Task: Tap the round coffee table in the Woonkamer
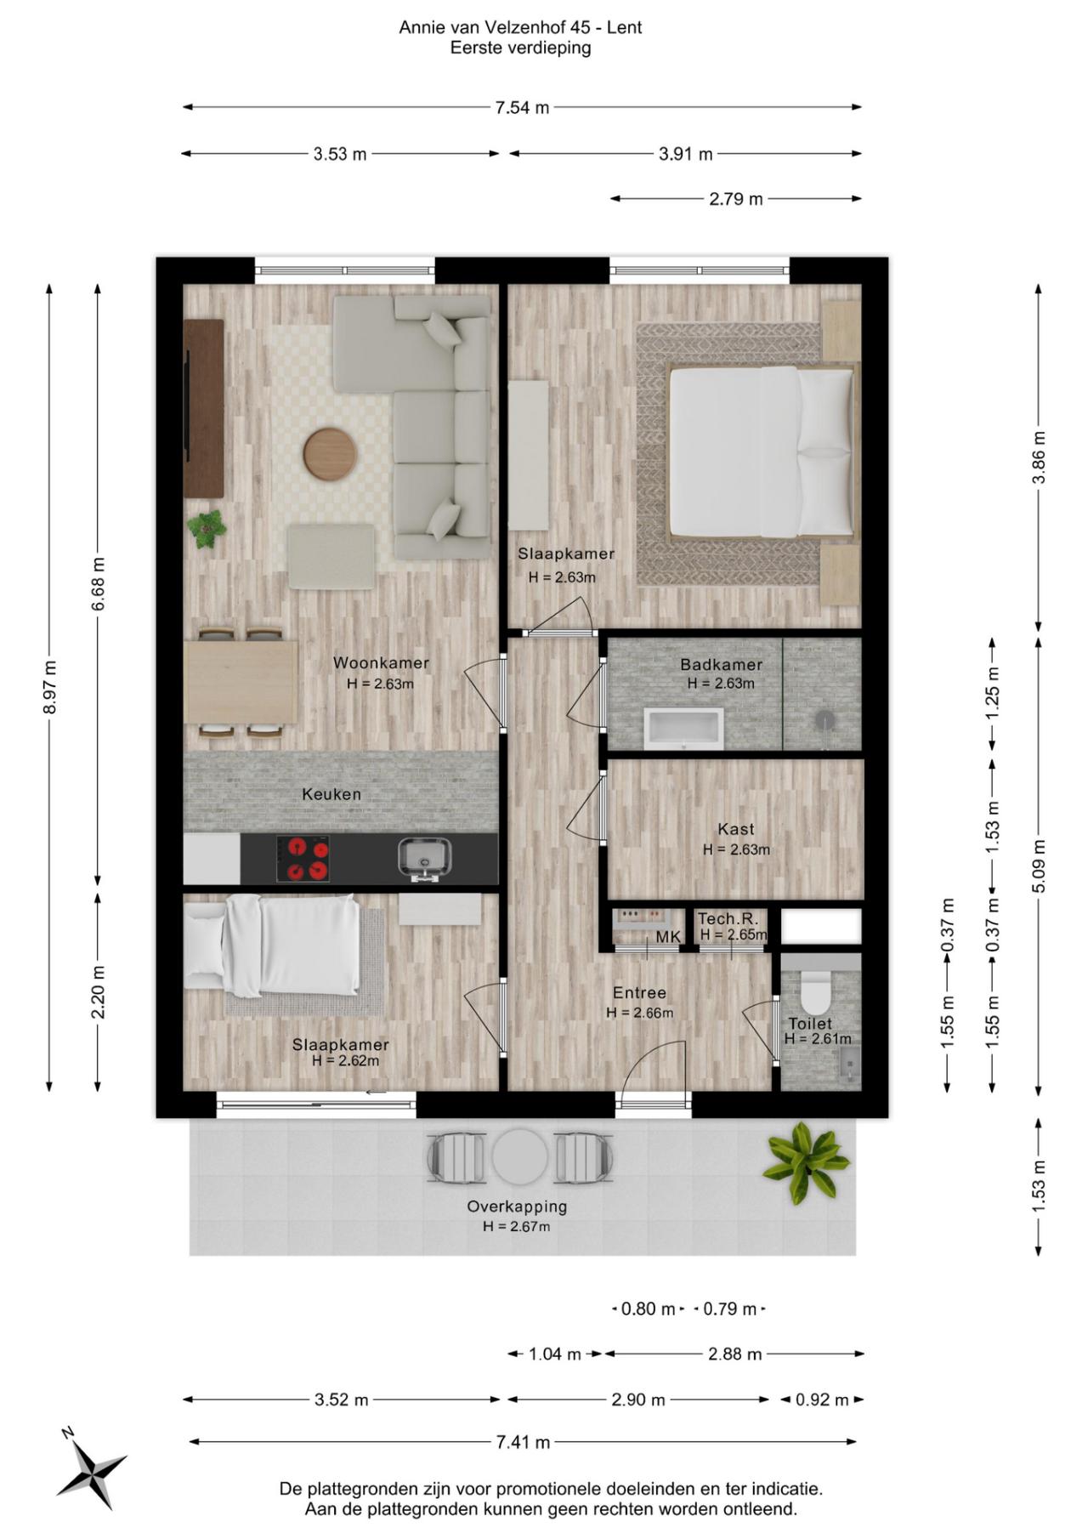(330, 453)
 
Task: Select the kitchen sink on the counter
(424, 858)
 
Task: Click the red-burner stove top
(303, 859)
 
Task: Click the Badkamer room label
(721, 665)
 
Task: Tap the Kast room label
(736, 829)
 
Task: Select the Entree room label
(639, 992)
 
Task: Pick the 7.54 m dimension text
(523, 107)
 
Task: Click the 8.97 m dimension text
(49, 687)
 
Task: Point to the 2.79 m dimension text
(736, 199)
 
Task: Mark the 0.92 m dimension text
(822, 1400)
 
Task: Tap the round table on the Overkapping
(520, 1156)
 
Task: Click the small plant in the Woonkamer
(207, 529)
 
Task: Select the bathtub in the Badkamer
(683, 729)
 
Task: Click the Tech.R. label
(728, 919)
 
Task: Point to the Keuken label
(331, 794)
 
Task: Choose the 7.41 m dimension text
(523, 1442)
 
